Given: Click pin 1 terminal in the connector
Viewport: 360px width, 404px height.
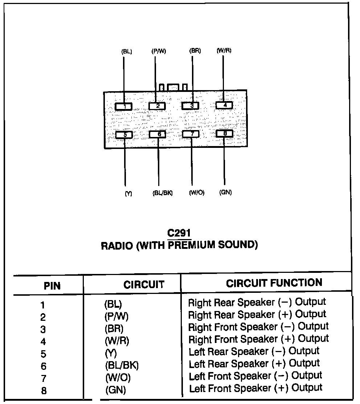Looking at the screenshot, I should tap(124, 106).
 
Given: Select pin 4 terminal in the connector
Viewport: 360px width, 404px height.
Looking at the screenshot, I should tap(224, 105).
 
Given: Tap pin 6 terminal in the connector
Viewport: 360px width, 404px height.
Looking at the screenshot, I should tap(158, 134).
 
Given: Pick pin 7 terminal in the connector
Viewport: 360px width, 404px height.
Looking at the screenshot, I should tap(191, 134).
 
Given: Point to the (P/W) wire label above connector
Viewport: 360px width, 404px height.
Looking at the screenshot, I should tap(159, 51).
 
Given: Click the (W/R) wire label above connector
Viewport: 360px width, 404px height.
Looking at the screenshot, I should tap(224, 50).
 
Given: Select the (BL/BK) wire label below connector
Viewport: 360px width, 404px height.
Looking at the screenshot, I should tap(162, 193).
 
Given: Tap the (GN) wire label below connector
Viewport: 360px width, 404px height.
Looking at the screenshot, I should tap(225, 192).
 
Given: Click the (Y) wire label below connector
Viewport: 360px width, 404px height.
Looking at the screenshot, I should tap(128, 194).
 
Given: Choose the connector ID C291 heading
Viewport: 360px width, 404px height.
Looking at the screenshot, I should tap(179, 233).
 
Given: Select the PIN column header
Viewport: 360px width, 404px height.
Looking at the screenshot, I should tap(52, 286).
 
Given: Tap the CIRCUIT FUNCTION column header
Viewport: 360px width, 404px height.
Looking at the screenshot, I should tap(274, 283).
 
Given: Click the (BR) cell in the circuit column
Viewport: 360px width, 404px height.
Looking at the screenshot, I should tap(114, 328).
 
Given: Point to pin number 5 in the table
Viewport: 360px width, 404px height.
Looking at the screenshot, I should tap(44, 353).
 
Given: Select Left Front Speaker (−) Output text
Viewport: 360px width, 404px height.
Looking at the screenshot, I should tap(255, 376).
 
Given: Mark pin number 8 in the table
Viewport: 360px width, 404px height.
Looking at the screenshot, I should tap(44, 391).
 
